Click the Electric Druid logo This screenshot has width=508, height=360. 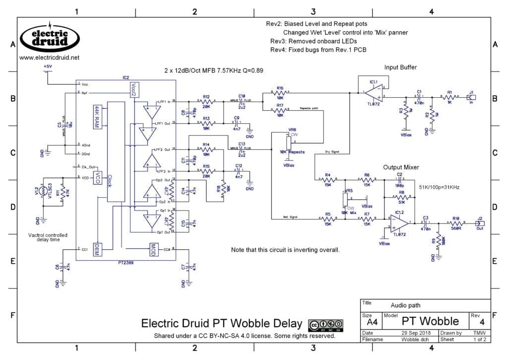(50, 38)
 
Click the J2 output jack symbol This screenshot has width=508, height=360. (480, 222)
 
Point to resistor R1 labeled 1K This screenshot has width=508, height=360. (450, 97)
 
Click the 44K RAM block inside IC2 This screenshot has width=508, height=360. (97, 117)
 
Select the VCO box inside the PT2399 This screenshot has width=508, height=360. (98, 178)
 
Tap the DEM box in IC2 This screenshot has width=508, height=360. (98, 248)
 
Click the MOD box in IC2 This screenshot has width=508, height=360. (153, 248)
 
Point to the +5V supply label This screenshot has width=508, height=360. (48, 66)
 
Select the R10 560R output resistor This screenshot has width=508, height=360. (455, 223)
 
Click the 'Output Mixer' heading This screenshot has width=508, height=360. (403, 167)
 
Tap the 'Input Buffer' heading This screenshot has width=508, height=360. (400, 67)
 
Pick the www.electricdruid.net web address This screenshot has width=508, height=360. (49, 58)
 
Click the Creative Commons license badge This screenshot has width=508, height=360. (326, 325)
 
